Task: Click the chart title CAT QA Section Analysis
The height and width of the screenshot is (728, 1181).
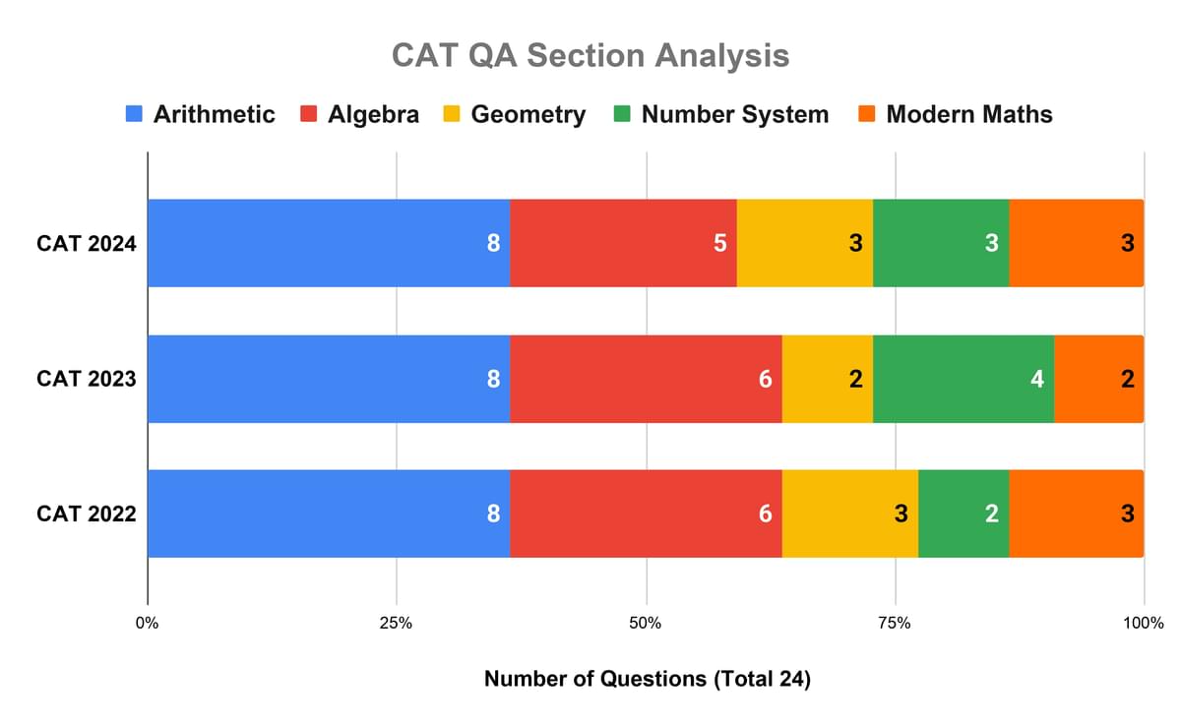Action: coord(590,55)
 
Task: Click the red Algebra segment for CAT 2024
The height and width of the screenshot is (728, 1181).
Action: coord(623,243)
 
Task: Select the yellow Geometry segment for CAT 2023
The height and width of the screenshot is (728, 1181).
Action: coord(827,379)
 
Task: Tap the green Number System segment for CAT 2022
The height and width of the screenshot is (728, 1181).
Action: coord(963,514)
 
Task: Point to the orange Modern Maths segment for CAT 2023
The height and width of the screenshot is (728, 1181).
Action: coord(1098,379)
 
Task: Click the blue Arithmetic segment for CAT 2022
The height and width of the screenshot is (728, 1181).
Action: coord(329,514)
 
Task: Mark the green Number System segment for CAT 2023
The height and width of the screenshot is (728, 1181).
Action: coord(963,379)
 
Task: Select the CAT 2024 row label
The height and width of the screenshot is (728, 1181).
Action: coord(86,243)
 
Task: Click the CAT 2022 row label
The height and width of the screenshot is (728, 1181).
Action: coord(86,514)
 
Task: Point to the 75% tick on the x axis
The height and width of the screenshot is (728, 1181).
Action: coord(895,623)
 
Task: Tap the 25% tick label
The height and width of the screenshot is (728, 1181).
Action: coord(397,623)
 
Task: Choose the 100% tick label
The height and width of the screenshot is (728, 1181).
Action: coord(1143,623)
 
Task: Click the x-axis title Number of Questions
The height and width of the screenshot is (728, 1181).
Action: coord(647,679)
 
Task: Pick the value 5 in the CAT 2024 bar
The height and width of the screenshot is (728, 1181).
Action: coord(719,243)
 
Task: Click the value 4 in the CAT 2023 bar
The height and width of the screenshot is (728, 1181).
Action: coord(1036,379)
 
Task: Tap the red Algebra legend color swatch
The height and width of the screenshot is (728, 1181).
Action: coord(310,114)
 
